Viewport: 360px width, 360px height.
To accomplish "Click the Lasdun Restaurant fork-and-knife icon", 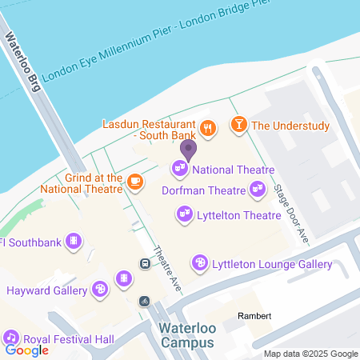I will [208, 126].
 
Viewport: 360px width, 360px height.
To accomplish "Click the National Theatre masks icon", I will [180, 169].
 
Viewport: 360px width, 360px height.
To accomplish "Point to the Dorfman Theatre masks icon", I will [257, 190].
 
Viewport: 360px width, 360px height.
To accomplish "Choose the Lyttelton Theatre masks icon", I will [185, 214].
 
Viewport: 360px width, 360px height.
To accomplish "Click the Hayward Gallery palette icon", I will [100, 288].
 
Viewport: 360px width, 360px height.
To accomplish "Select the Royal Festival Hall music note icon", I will [11, 337].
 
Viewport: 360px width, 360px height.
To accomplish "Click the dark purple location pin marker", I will [188, 149].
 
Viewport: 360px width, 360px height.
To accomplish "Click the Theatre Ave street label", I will [166, 266].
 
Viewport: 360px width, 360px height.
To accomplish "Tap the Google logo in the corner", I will [27, 350].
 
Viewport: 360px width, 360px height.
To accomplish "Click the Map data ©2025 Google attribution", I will [310, 354].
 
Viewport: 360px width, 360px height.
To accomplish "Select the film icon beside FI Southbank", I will [74, 240].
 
